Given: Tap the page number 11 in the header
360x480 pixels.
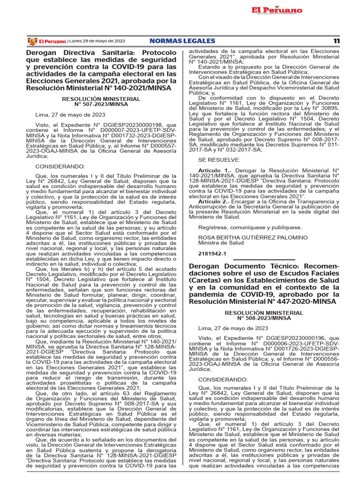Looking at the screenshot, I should tap(336, 41).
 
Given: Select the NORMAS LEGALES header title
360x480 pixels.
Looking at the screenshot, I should tap(182, 41).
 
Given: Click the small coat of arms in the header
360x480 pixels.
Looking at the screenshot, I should tap(32, 41).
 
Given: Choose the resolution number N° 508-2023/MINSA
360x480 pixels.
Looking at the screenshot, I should tap(264, 318).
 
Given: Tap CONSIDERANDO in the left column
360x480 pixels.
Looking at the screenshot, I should tap(60, 166).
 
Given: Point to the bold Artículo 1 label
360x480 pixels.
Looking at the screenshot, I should tap(214, 171).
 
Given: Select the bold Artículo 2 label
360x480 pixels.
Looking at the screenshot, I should tap(214, 202).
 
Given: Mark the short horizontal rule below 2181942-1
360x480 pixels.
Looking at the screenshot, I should tap(264, 259).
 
